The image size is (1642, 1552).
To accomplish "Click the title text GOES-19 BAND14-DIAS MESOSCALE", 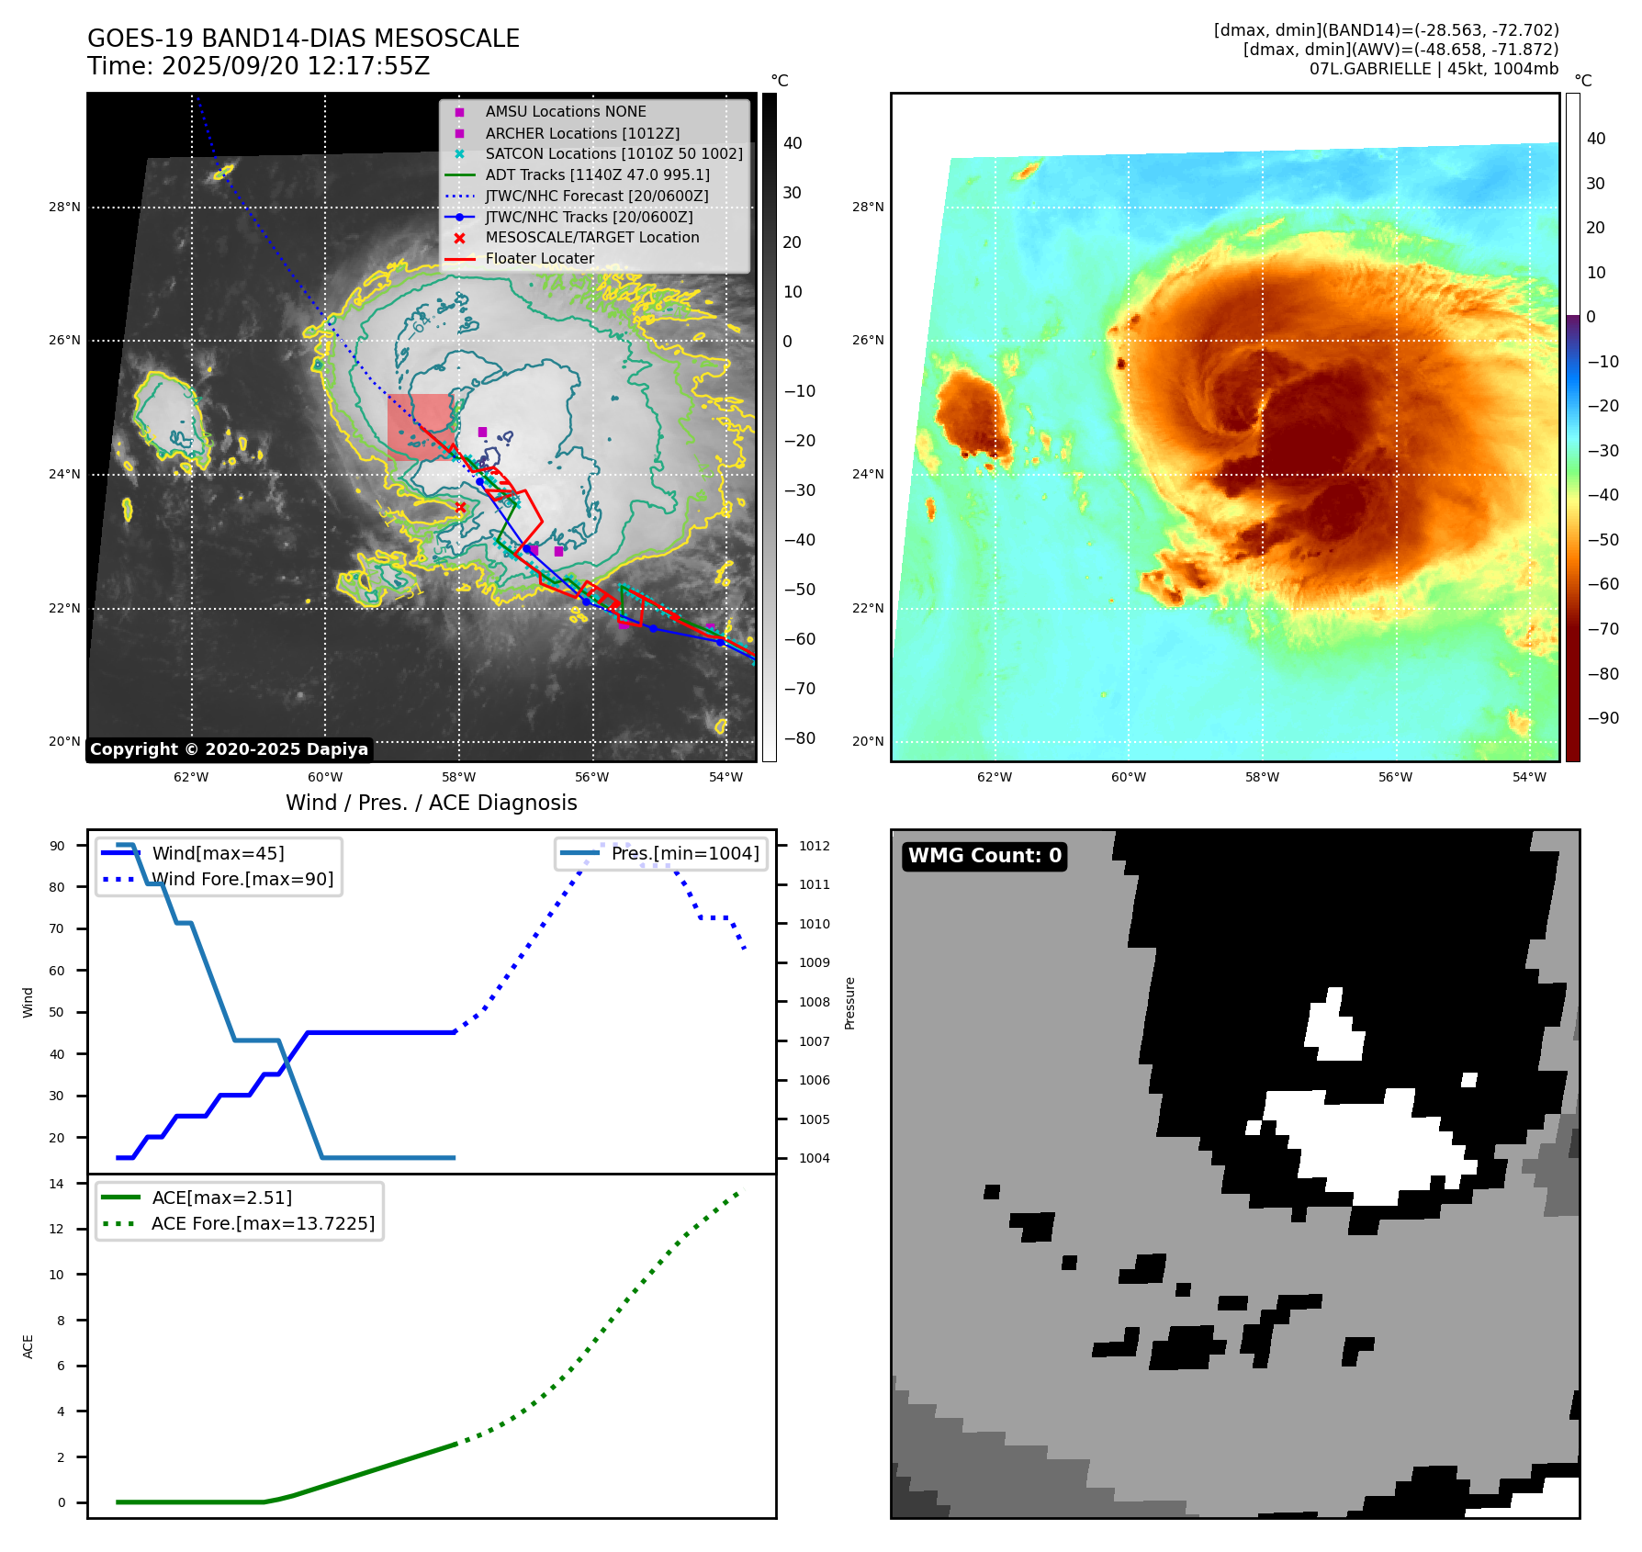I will (x=303, y=39).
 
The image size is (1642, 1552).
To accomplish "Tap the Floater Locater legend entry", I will (x=539, y=259).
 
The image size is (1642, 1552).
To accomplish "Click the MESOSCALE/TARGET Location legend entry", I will (x=591, y=238).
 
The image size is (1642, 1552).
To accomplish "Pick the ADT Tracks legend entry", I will (x=597, y=174).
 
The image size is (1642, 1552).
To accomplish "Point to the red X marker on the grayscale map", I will (x=461, y=507).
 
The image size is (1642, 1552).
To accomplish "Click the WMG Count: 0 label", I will (x=984, y=856).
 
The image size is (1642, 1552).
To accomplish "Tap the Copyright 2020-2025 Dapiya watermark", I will (x=229, y=749).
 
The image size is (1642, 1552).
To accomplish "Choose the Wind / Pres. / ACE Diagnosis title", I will (x=432, y=803).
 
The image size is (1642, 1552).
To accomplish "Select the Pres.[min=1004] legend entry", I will (x=684, y=854).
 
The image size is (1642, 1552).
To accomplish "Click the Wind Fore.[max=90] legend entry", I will (x=242, y=880).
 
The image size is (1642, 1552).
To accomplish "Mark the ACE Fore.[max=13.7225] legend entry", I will (x=263, y=1224).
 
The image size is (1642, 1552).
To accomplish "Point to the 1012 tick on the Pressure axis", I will (x=814, y=846).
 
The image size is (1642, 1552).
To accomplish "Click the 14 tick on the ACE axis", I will (x=57, y=1184).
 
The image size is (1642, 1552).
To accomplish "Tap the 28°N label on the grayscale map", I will (x=64, y=208).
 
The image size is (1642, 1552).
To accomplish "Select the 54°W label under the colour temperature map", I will (x=1529, y=778).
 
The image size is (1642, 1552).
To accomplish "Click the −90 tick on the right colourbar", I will (x=1603, y=718).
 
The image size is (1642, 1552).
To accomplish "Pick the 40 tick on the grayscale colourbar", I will (x=793, y=143).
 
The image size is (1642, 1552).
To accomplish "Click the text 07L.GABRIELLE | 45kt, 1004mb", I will (x=1434, y=69).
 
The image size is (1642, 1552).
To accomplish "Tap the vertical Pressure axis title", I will (x=849, y=1003).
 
